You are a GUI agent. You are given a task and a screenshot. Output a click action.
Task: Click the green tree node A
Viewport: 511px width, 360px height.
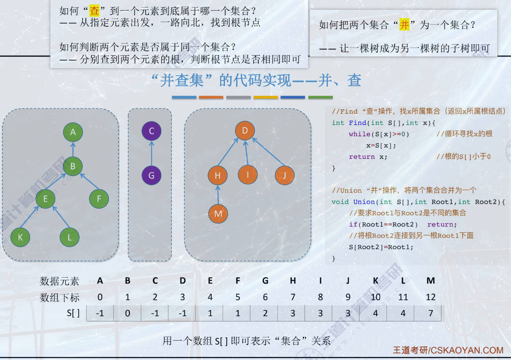point(73,132)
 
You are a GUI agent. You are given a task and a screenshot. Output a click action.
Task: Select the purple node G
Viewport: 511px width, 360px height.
point(151,175)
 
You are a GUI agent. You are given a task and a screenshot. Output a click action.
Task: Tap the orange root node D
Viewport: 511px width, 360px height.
point(244,130)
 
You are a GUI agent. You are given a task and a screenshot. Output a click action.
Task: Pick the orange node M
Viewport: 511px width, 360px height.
point(217,213)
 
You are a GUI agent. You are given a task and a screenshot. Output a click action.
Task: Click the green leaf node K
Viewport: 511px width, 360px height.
point(20,237)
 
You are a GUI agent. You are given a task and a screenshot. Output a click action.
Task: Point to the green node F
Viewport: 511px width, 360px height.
point(99,199)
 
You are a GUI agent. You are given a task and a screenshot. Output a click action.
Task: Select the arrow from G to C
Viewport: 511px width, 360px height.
point(151,153)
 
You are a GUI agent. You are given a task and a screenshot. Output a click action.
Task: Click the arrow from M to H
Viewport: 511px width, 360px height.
point(217,195)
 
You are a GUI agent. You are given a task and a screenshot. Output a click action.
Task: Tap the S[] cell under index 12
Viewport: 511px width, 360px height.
point(430,313)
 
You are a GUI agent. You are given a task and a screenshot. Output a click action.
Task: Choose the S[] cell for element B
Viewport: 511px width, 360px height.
point(127,313)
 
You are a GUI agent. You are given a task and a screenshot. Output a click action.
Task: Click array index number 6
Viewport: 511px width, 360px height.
point(265,297)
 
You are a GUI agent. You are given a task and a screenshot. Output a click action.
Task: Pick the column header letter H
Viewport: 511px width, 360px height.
point(293,280)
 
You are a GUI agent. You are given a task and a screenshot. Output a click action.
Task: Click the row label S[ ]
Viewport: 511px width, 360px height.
point(73,313)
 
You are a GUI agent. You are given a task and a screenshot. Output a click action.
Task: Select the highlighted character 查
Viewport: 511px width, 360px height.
point(95,10)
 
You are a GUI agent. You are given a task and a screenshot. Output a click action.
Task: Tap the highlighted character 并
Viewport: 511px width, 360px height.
point(404,25)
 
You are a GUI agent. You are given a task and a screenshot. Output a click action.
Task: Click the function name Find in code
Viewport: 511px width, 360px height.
point(357,123)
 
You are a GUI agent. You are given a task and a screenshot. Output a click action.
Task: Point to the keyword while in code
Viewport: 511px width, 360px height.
point(359,134)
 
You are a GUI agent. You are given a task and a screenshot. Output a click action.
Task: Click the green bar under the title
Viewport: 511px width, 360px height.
point(320,97)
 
